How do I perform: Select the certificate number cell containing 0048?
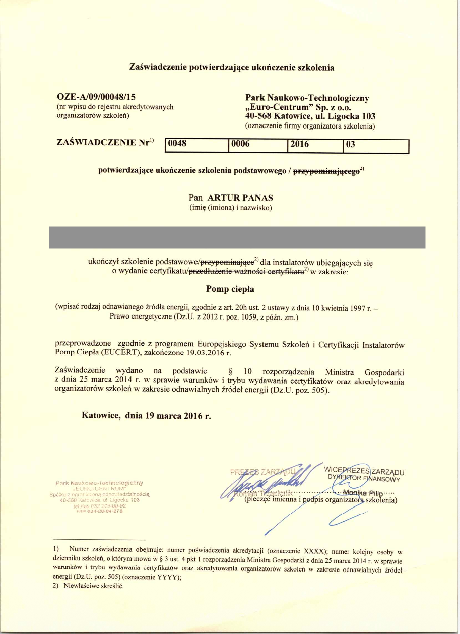196,145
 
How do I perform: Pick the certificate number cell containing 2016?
314,145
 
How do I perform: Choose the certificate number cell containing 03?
374,145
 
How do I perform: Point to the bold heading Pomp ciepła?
230,289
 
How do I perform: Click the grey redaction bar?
237,237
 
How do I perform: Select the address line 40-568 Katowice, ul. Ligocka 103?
310,116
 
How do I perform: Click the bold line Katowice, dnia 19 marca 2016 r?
146,416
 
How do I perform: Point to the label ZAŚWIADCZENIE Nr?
103,142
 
